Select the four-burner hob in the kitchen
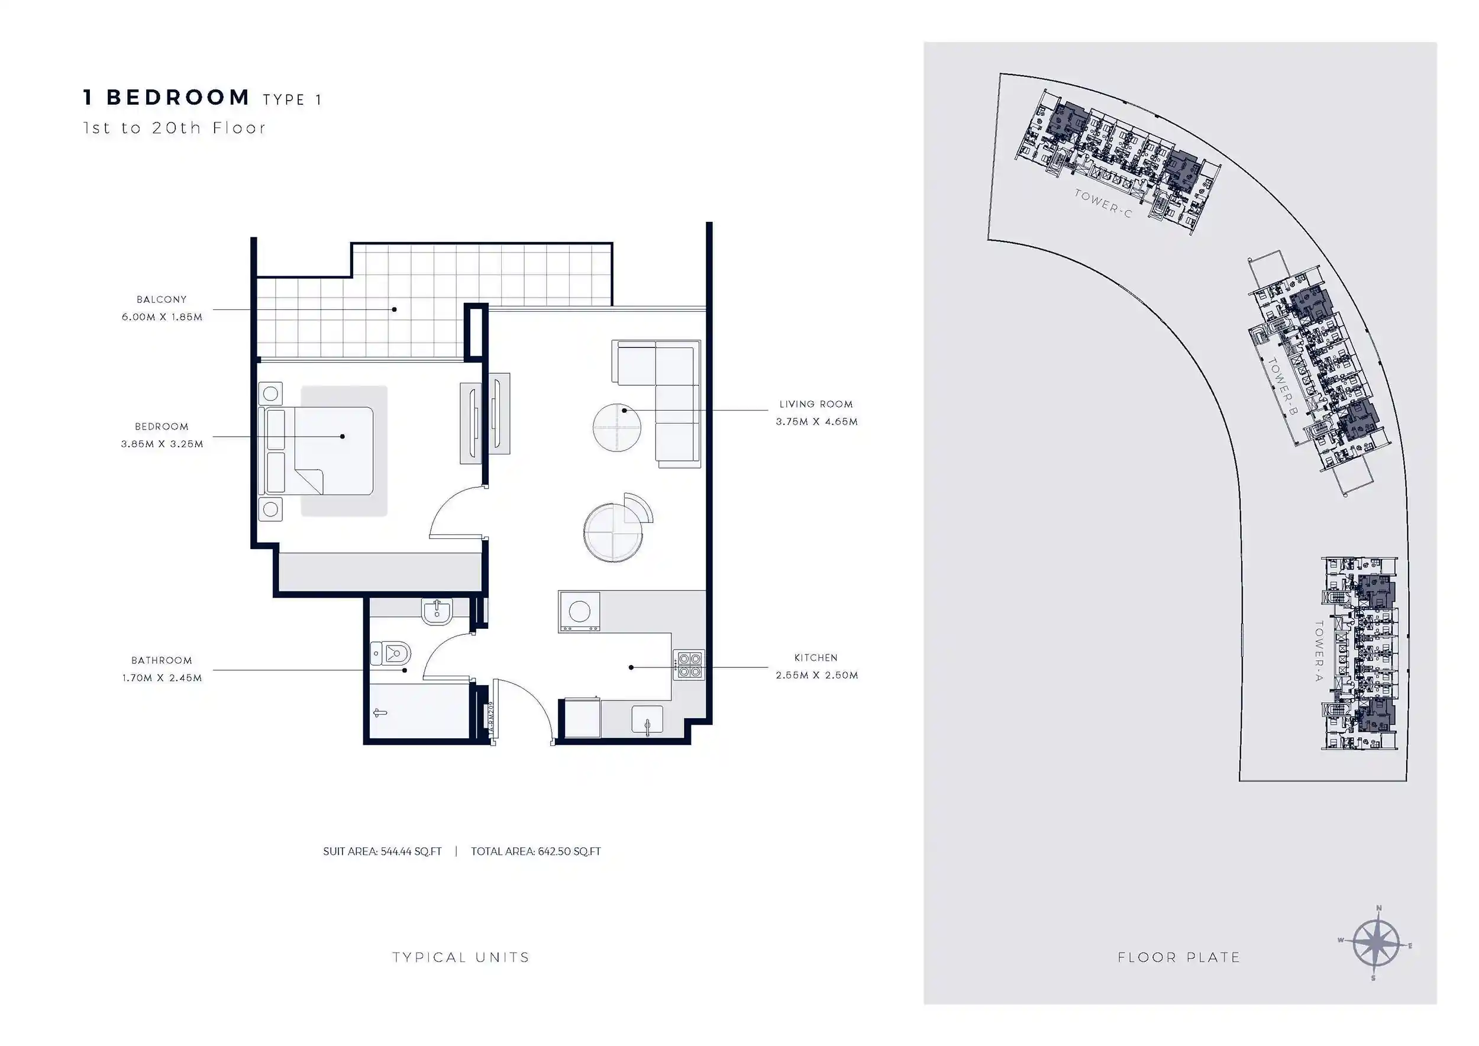coord(689,666)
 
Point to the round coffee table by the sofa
coord(617,427)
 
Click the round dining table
coord(612,532)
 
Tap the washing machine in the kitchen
coord(579,612)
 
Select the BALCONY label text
coord(162,299)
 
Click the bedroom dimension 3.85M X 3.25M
coord(162,444)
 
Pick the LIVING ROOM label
coord(816,405)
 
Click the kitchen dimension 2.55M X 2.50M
coord(817,675)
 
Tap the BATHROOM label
coord(162,660)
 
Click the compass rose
coord(1376,944)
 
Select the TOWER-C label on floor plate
coord(1103,203)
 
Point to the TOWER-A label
coord(1318,651)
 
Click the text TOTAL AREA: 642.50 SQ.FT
coord(535,851)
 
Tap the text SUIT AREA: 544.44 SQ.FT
coord(383,851)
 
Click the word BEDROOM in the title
coord(178,97)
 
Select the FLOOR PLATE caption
coord(1179,958)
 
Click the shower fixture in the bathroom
coord(379,713)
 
